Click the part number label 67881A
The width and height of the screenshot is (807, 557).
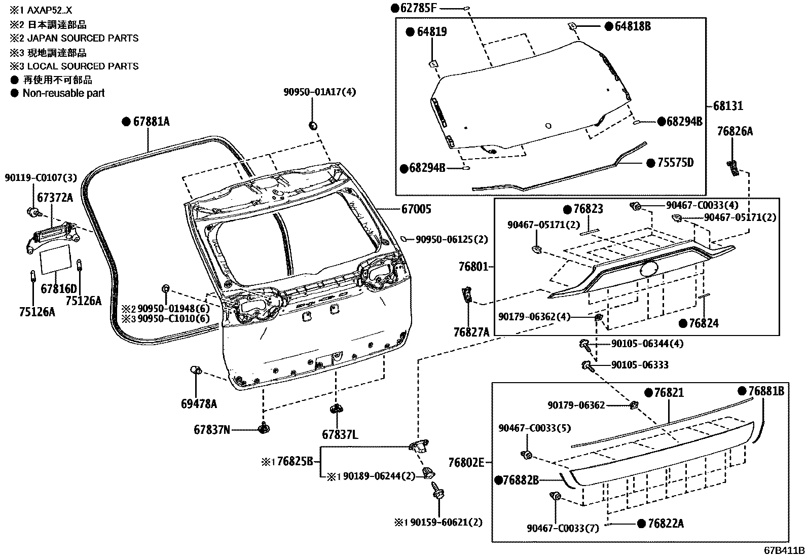click(x=151, y=122)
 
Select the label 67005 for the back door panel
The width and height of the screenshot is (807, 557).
click(x=416, y=209)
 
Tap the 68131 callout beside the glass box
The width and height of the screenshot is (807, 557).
click(x=728, y=106)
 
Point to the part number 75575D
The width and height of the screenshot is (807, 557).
click(x=675, y=163)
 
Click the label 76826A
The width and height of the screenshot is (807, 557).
click(x=735, y=132)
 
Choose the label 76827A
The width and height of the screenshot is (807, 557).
click(x=471, y=332)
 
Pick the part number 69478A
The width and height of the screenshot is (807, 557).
click(x=199, y=403)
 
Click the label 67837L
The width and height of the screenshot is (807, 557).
click(x=340, y=434)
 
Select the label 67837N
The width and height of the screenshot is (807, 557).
click(x=212, y=430)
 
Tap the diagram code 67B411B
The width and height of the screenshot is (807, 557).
click(x=784, y=550)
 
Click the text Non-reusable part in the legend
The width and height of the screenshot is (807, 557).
click(x=64, y=93)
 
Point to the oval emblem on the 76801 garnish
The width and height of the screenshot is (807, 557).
click(x=649, y=269)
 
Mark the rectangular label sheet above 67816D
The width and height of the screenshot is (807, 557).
click(x=56, y=258)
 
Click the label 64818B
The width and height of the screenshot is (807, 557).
click(x=633, y=26)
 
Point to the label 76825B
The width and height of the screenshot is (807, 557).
click(x=298, y=461)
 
